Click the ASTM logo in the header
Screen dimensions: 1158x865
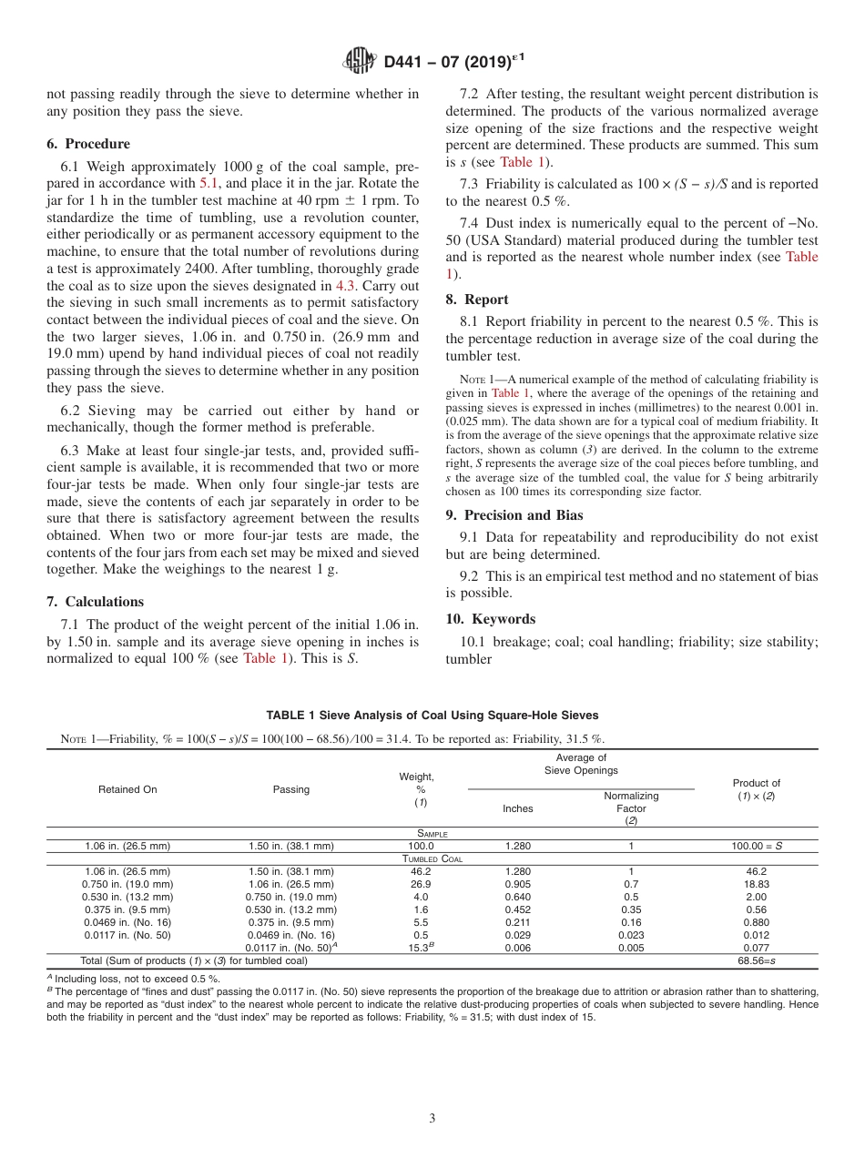coord(360,62)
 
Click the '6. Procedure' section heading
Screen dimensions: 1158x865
coord(88,144)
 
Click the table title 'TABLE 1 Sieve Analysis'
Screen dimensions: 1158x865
coord(432,716)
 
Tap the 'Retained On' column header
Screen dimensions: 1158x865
coord(127,789)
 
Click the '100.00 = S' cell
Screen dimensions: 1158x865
coord(757,846)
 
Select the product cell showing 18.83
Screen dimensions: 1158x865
coord(757,884)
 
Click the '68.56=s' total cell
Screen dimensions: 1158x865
coord(757,960)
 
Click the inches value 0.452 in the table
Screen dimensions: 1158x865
coord(518,909)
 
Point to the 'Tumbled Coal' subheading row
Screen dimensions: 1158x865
coord(432,858)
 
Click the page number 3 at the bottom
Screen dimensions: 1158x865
coord(432,1118)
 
